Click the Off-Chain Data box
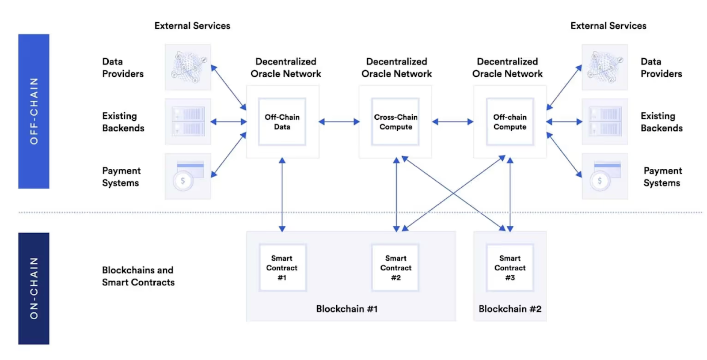(282, 122)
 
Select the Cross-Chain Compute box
(395, 122)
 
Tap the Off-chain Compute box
(510, 122)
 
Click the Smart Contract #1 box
(282, 268)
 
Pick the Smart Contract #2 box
(395, 268)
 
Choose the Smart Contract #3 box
(510, 268)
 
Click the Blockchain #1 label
(347, 309)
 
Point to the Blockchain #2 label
(510, 309)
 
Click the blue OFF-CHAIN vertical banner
(34, 111)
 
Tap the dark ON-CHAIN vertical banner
(34, 288)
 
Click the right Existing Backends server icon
(604, 121)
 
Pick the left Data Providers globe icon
(188, 67)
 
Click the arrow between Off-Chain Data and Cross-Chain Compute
(339, 121)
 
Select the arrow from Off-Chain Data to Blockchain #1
(282, 194)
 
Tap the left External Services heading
(192, 26)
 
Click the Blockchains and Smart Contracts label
(138, 276)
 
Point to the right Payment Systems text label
(662, 177)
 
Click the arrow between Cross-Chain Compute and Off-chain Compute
(452, 121)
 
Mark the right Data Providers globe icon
(604, 67)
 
